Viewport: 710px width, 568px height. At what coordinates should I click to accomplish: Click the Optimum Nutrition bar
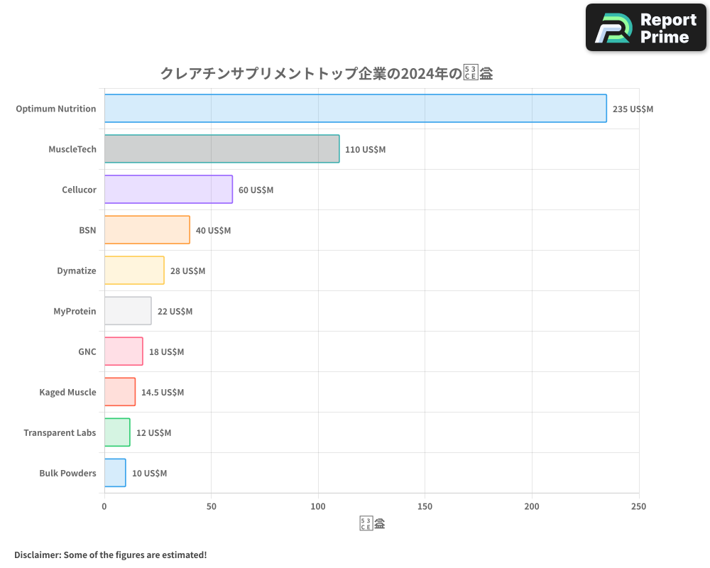[x=355, y=109]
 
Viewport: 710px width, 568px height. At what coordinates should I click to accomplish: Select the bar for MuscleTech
[x=222, y=149]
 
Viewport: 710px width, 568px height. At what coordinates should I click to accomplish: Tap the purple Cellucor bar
[x=168, y=190]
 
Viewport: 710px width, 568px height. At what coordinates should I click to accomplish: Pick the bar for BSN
[x=147, y=230]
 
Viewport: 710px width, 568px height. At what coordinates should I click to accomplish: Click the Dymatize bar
[x=134, y=271]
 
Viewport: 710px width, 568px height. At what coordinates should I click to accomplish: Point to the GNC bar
[x=124, y=351]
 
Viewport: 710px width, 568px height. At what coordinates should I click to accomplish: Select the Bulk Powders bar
[x=115, y=473]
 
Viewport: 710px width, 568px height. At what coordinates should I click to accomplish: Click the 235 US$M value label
[x=633, y=109]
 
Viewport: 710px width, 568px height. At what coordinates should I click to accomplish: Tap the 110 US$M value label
[x=365, y=150]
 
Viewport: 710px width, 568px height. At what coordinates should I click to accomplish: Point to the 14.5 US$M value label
[x=163, y=393]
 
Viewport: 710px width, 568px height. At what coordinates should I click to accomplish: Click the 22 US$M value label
[x=175, y=312]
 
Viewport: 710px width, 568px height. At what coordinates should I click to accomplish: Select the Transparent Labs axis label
[x=60, y=433]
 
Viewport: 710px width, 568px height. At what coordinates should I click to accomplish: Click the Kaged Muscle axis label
[x=67, y=393]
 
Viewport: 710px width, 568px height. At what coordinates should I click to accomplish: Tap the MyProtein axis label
[x=75, y=312]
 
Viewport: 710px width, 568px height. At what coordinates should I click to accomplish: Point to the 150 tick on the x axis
[x=425, y=507]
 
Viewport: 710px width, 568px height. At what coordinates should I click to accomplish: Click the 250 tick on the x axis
[x=638, y=507]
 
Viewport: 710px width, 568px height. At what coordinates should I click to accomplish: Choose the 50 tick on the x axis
[x=211, y=507]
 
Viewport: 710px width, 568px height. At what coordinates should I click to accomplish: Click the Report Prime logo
[x=646, y=28]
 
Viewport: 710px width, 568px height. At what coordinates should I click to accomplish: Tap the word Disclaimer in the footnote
[x=36, y=555]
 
